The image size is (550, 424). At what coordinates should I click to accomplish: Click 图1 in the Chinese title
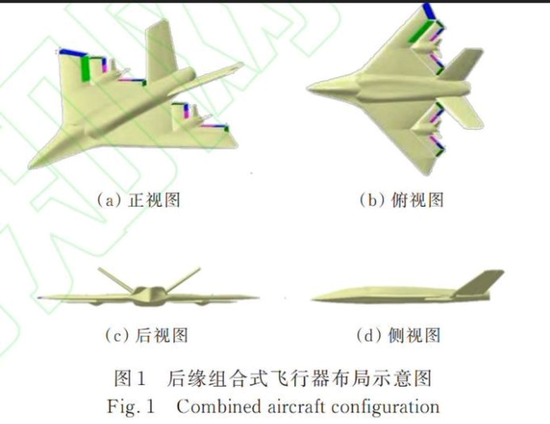[130, 378]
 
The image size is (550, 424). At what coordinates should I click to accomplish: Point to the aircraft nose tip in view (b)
[309, 86]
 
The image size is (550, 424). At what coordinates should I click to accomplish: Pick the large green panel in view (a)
[85, 69]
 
